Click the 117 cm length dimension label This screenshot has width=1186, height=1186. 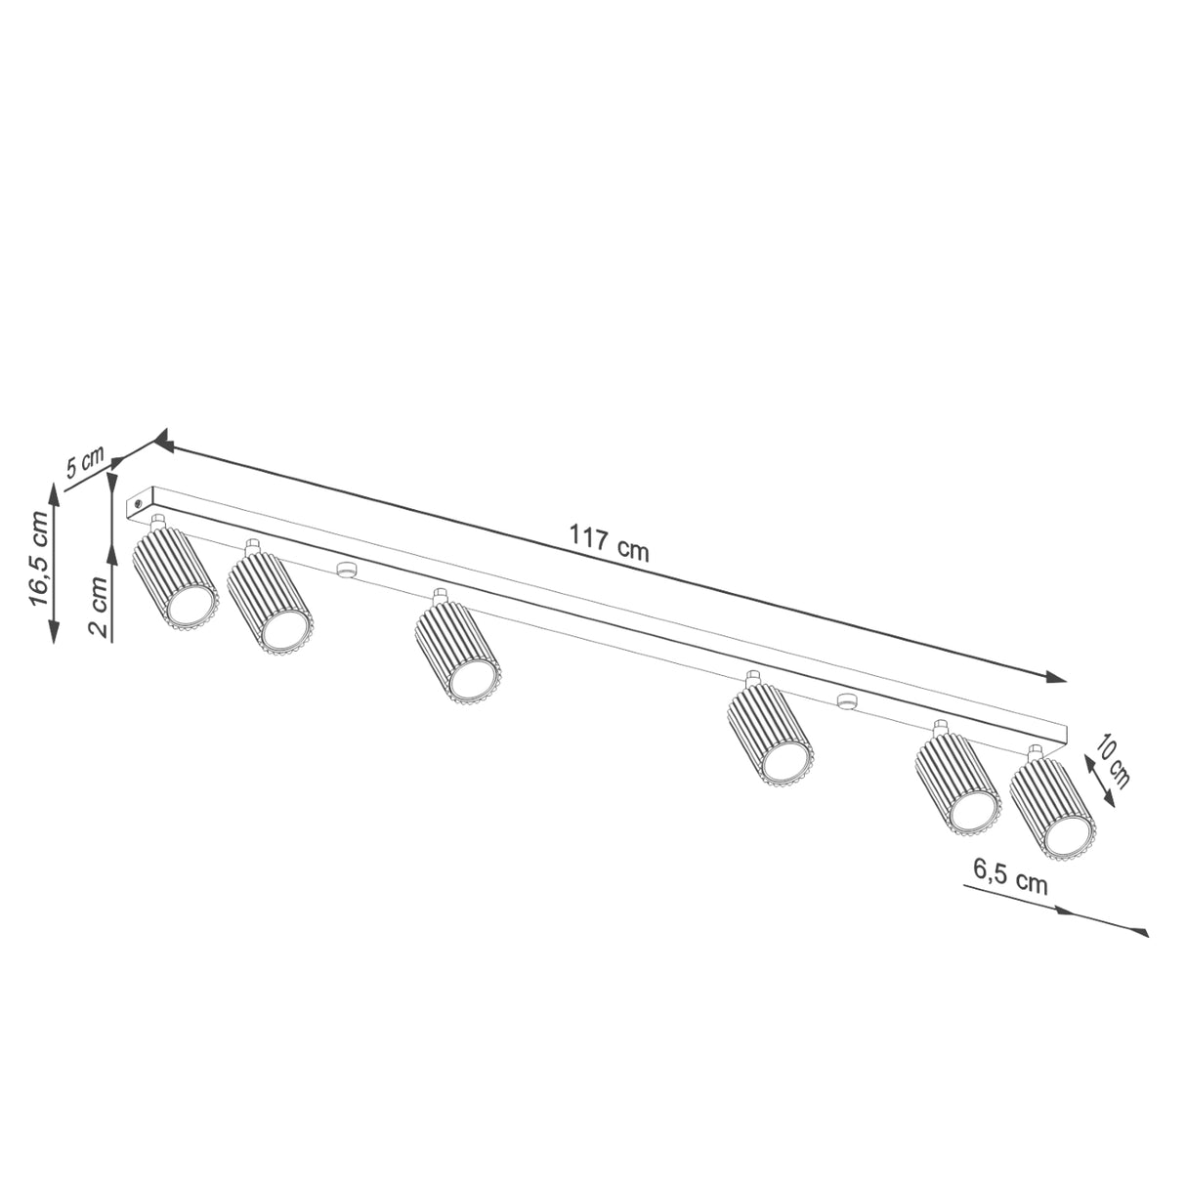[610, 544]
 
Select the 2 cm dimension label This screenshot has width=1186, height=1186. [98, 607]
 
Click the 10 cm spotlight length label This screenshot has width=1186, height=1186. [1112, 764]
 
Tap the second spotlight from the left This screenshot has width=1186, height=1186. [270, 606]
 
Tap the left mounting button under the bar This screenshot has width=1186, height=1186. [344, 570]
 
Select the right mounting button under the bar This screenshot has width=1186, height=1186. [846, 700]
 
